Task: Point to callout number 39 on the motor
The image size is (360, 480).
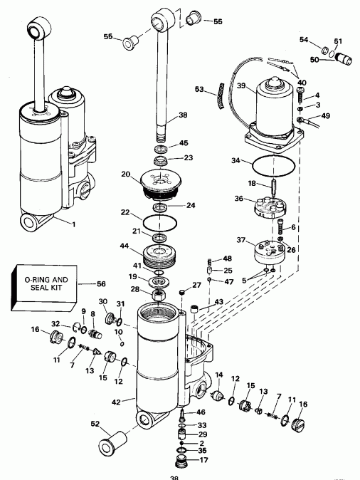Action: tap(241, 86)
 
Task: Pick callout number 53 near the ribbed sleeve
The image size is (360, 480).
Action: tap(199, 89)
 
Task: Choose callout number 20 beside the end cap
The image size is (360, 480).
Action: tap(126, 174)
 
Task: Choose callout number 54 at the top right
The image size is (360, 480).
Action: tap(303, 41)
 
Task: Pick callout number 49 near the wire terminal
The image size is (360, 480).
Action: tap(326, 116)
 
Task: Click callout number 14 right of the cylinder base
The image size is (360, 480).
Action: tap(219, 375)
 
